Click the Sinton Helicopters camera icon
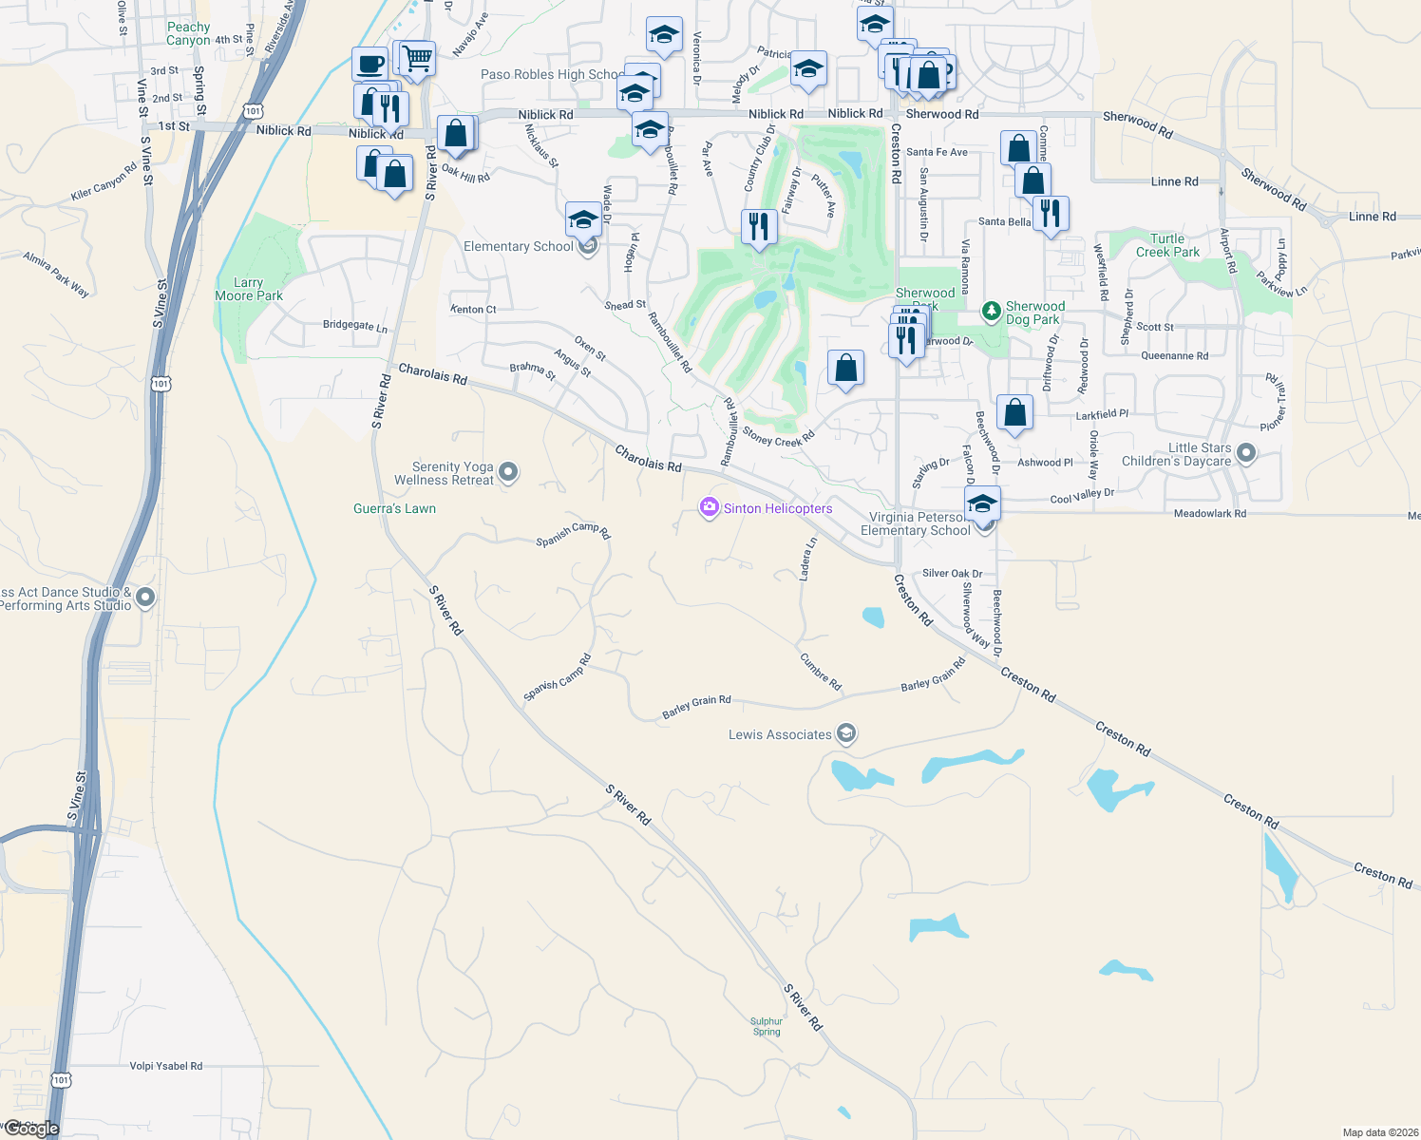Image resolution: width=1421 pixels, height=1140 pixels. click(x=709, y=507)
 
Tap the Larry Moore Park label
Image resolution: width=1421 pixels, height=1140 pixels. click(x=249, y=290)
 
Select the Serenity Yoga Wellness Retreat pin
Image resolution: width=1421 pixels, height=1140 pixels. click(x=508, y=471)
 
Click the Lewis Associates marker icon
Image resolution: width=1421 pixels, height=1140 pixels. click(x=846, y=733)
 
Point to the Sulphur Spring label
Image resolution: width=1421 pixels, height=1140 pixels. click(x=767, y=1027)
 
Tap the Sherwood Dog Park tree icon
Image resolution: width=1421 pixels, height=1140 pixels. click(x=992, y=311)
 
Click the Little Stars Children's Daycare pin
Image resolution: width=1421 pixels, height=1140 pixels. click(x=1246, y=454)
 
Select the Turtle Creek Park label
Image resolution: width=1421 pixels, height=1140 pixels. click(x=1167, y=245)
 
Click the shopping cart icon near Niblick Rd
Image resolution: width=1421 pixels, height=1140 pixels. click(x=417, y=59)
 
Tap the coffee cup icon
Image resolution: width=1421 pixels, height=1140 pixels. click(x=369, y=65)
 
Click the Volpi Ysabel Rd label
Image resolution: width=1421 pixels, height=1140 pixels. click(x=166, y=1066)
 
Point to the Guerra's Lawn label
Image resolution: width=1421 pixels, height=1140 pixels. click(x=394, y=508)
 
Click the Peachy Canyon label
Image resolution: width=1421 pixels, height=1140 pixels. click(x=188, y=34)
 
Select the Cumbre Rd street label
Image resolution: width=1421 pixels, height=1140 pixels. click(x=821, y=672)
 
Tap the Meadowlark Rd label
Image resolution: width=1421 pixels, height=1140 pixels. click(x=1209, y=513)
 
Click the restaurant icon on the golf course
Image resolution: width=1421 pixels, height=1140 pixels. click(x=758, y=227)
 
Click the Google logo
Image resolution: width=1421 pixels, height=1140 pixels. click(x=31, y=1129)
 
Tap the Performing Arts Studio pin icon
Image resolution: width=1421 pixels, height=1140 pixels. click(x=145, y=598)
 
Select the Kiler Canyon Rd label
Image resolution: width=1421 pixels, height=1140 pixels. click(x=104, y=182)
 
